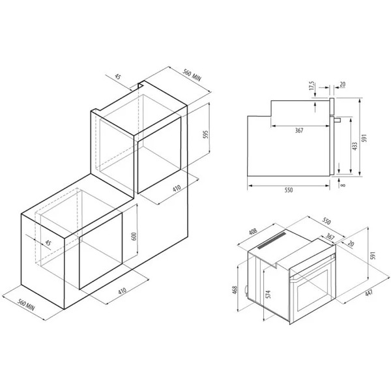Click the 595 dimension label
coord(205,135)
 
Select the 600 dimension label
coord(134,237)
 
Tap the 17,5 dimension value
coord(312,85)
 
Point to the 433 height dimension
coord(355,146)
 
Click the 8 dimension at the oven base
coord(343,185)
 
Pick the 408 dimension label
coord(253,231)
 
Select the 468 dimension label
coord(235,290)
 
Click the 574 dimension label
coord(268,295)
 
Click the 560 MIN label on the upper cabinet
coord(192,75)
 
